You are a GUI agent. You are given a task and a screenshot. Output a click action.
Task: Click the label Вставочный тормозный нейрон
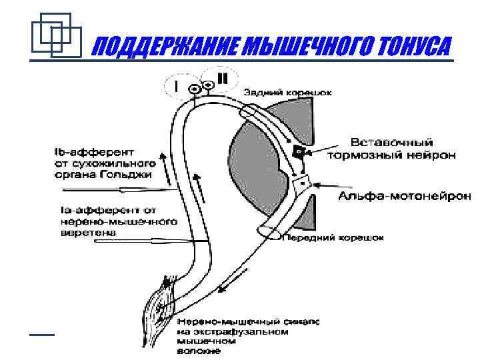click(393, 149)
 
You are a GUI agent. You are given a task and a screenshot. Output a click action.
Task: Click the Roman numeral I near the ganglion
click(176, 87)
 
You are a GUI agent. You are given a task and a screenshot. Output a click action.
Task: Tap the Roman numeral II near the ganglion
click(222, 78)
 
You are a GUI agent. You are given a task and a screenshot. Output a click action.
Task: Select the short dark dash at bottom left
click(42, 333)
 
